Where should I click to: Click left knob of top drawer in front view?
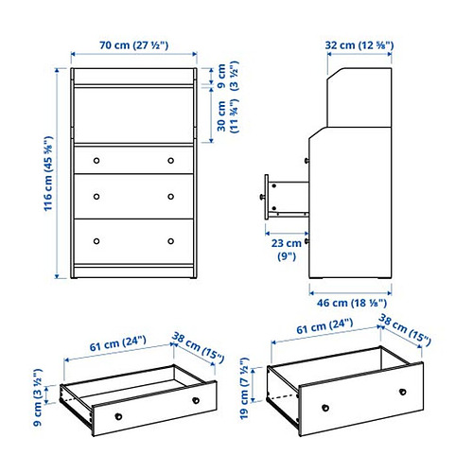pyautogui.click(x=95, y=160)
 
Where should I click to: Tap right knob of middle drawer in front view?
pyautogui.click(x=171, y=196)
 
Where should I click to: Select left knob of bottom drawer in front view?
pyautogui.click(x=95, y=240)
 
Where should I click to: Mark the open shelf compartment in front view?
pyautogui.click(x=132, y=114)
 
